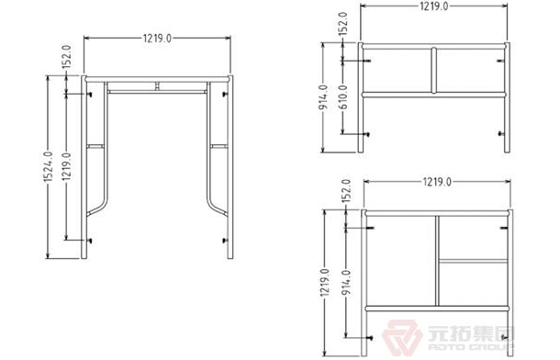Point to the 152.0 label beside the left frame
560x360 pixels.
(x=66, y=60)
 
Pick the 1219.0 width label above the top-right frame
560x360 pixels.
(x=433, y=8)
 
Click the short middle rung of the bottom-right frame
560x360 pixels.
(x=474, y=260)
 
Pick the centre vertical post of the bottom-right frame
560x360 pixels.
(x=437, y=260)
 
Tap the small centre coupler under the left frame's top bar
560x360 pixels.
(x=157, y=87)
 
